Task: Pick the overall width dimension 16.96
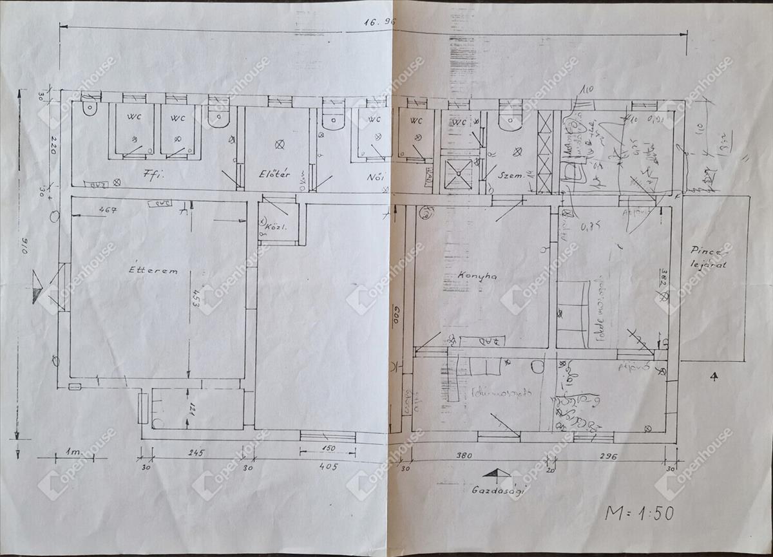coord(379,21)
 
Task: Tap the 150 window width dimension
coord(329,448)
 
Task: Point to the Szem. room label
coord(509,174)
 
